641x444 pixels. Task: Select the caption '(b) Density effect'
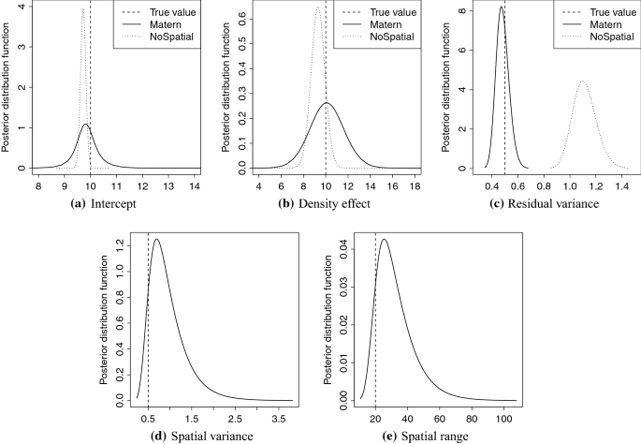point(317,204)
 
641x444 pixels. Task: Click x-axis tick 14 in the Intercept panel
point(195,186)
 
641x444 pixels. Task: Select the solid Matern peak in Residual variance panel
point(502,8)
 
